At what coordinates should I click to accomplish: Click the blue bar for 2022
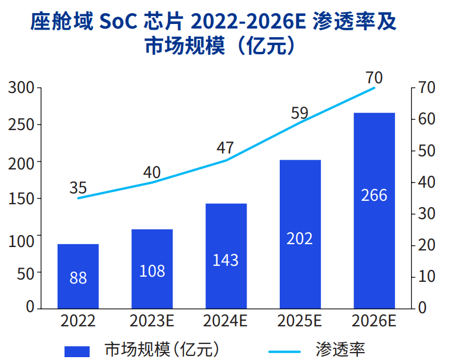pyautogui.click(x=78, y=276)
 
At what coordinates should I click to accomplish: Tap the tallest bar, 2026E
pyautogui.click(x=374, y=211)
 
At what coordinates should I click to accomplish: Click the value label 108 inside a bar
pyautogui.click(x=152, y=270)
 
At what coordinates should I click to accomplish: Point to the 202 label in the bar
pyautogui.click(x=300, y=238)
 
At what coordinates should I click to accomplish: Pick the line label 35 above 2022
pyautogui.click(x=78, y=188)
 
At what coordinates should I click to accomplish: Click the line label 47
pyautogui.click(x=226, y=148)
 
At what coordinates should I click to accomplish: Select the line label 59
pyautogui.click(x=299, y=113)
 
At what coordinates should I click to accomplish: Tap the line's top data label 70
pyautogui.click(x=374, y=77)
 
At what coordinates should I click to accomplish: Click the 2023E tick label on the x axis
pyautogui.click(x=152, y=321)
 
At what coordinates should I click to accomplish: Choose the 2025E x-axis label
pyautogui.click(x=300, y=321)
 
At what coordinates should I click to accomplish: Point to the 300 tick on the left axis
pyautogui.click(x=22, y=88)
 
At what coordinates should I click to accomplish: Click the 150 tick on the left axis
pyautogui.click(x=22, y=199)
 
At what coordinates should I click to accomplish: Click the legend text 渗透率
pyautogui.click(x=340, y=349)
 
